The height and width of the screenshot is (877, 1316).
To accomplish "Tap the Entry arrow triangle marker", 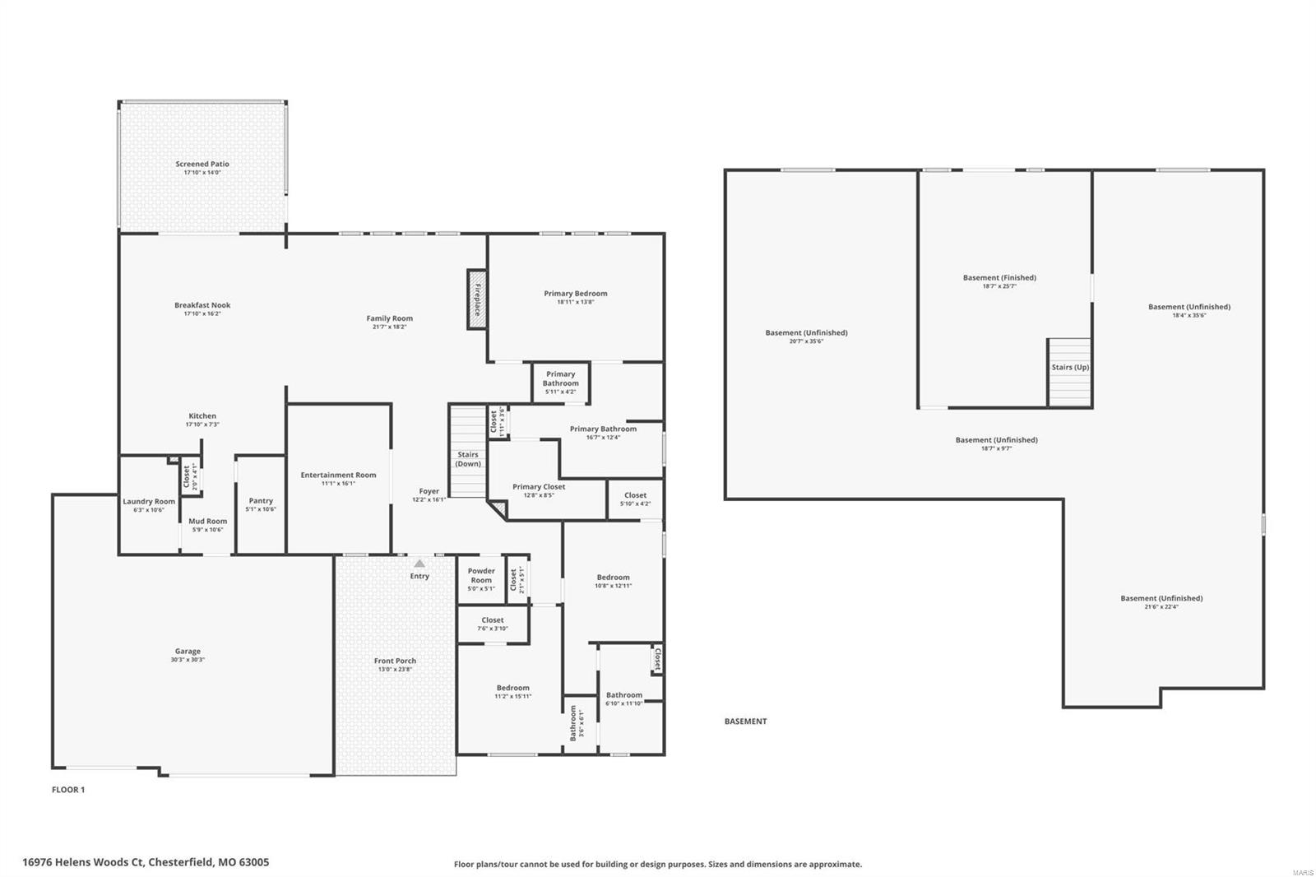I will [x=419, y=564].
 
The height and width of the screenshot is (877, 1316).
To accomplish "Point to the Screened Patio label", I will [x=202, y=164].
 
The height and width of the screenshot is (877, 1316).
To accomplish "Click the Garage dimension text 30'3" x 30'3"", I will [x=188, y=660].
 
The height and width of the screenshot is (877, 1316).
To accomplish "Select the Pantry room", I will [x=261, y=504].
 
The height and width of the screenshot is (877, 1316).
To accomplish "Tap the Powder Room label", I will [x=481, y=575].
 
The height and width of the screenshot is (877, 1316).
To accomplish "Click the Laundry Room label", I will [x=149, y=501].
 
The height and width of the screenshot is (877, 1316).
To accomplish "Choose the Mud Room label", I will [x=207, y=521].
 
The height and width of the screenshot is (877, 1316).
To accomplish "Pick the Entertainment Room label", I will [x=338, y=475].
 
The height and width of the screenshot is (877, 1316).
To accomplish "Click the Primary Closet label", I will [x=539, y=486].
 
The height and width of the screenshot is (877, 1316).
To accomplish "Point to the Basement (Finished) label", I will [x=999, y=277].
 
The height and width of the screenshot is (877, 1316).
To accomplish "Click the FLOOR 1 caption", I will [x=68, y=790].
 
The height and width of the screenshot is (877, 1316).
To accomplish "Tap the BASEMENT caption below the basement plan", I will [x=745, y=722].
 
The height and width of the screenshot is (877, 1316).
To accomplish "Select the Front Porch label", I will [x=395, y=661].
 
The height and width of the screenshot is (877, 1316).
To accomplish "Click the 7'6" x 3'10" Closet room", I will [x=493, y=624].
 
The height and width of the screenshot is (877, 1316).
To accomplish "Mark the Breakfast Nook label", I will [x=202, y=305].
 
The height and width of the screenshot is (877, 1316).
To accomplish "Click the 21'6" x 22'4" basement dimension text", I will [x=1161, y=607].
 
